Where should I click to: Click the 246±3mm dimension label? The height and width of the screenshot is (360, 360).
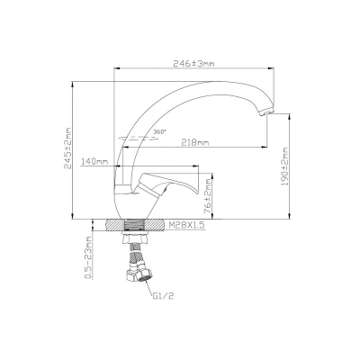tap(193, 64)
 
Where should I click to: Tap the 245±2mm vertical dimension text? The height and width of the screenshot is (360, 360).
tap(68, 148)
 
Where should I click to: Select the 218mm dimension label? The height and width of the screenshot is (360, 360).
tap(196, 142)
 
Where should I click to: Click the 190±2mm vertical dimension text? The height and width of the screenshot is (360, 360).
tap(284, 166)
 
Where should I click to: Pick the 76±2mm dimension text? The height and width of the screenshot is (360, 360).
tap(207, 196)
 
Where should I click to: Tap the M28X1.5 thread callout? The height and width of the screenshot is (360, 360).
tap(186, 225)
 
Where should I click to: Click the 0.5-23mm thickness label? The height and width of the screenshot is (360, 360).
tap(87, 257)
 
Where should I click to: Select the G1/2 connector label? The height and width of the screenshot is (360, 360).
tap(163, 296)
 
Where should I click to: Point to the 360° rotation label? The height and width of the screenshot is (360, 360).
tap(159, 131)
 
